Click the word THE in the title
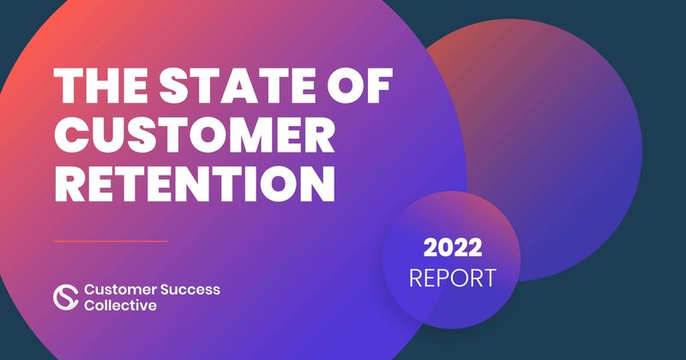(100, 86)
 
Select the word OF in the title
(359, 86)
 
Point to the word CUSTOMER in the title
(195, 135)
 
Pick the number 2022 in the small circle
(453, 248)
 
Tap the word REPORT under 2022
(453, 279)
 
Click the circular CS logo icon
(66, 297)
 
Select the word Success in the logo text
(190, 290)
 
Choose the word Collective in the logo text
(120, 305)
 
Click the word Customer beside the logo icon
(120, 290)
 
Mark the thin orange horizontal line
(111, 241)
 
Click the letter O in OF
(346, 86)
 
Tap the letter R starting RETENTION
(69, 183)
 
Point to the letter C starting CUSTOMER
(71, 135)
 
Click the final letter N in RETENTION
(319, 183)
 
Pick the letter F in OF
(380, 86)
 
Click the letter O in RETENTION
(280, 183)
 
